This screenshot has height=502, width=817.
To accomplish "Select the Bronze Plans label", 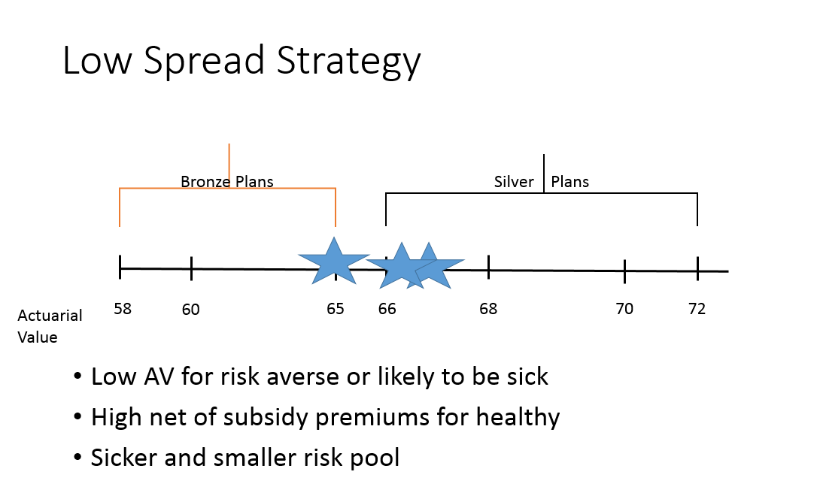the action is (x=226, y=182).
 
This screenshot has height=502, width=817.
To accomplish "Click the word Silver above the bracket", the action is (x=514, y=182).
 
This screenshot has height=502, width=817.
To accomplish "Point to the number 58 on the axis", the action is (x=123, y=309).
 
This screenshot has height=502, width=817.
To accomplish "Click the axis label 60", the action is (x=190, y=310).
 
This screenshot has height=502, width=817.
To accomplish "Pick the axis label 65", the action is (x=335, y=309).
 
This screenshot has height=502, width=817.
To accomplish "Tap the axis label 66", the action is (x=387, y=309).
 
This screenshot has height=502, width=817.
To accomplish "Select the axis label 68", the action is (x=488, y=309).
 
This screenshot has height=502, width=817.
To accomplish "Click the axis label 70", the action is (x=624, y=309).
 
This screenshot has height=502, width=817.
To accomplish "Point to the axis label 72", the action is (x=697, y=309).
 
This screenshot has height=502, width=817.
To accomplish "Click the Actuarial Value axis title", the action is (x=50, y=326).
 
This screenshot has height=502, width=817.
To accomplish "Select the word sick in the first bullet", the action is (x=528, y=376).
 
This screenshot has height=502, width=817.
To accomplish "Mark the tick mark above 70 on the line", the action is (x=624, y=271).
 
